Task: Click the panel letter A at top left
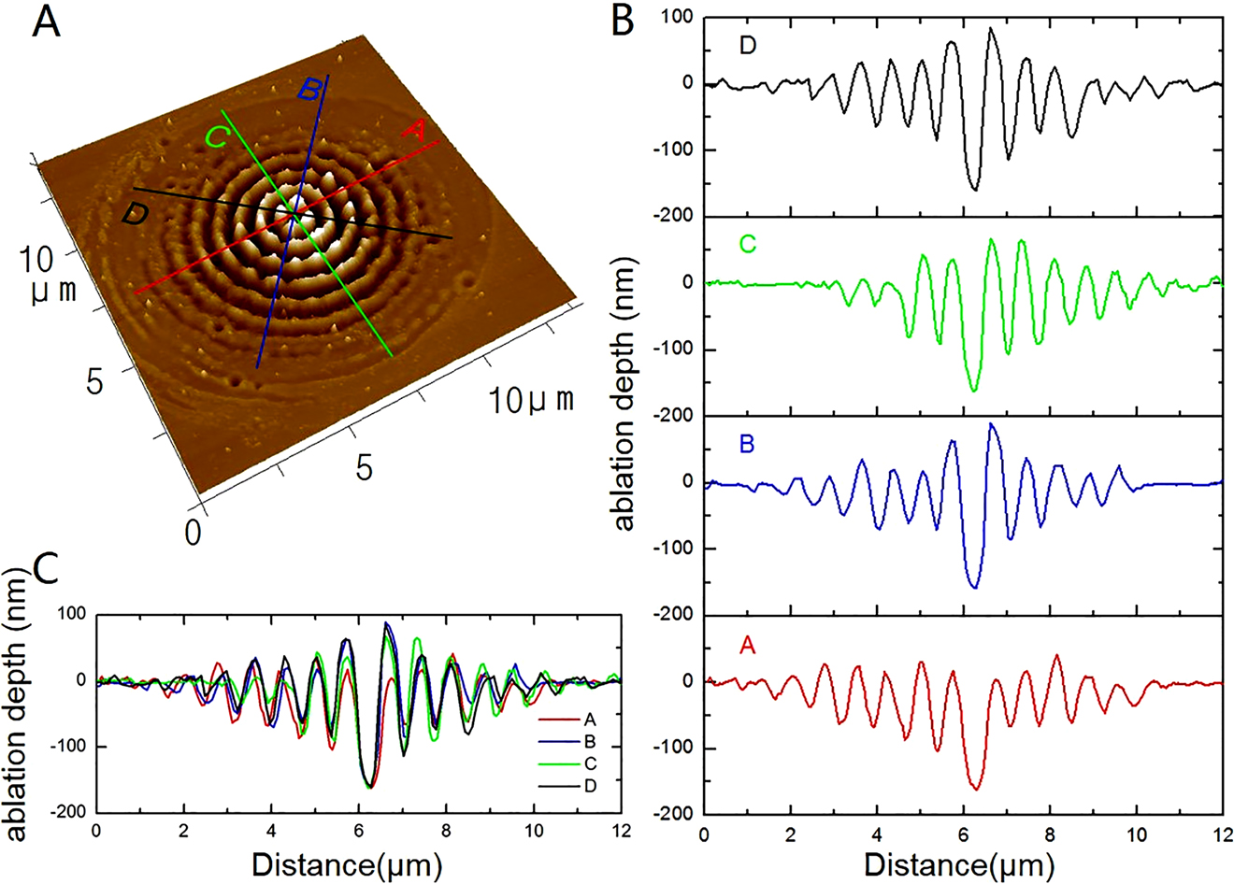pos(47,21)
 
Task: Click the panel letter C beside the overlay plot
pos(47,567)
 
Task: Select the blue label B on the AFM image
pos(311,91)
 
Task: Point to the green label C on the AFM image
pos(217,136)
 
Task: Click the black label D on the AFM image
pos(136,215)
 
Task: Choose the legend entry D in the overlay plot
pos(589,786)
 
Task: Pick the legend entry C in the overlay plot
pos(589,764)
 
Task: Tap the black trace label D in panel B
pos(748,45)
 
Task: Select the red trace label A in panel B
pos(748,645)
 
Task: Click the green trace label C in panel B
pos(748,245)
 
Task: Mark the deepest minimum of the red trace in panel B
pos(976,790)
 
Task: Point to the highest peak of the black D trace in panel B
pos(991,28)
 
